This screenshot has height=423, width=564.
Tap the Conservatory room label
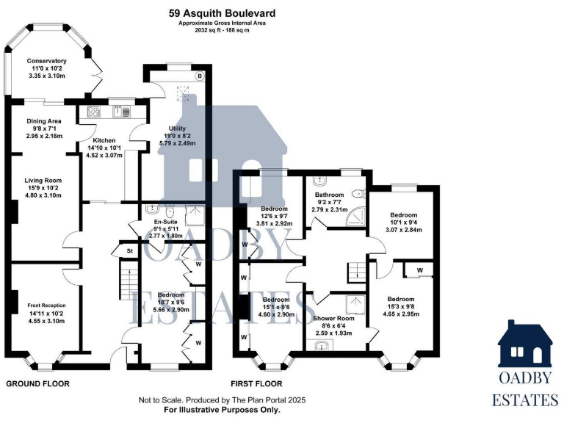tap(46, 62)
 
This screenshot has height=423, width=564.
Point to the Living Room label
tap(44, 180)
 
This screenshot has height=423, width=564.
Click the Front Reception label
tap(46, 305)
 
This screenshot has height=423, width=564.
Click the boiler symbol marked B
tap(198, 76)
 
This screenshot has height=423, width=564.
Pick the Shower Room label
tap(333, 318)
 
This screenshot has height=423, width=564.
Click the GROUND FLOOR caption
tap(37, 384)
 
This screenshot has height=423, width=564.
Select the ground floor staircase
tap(129, 283)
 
